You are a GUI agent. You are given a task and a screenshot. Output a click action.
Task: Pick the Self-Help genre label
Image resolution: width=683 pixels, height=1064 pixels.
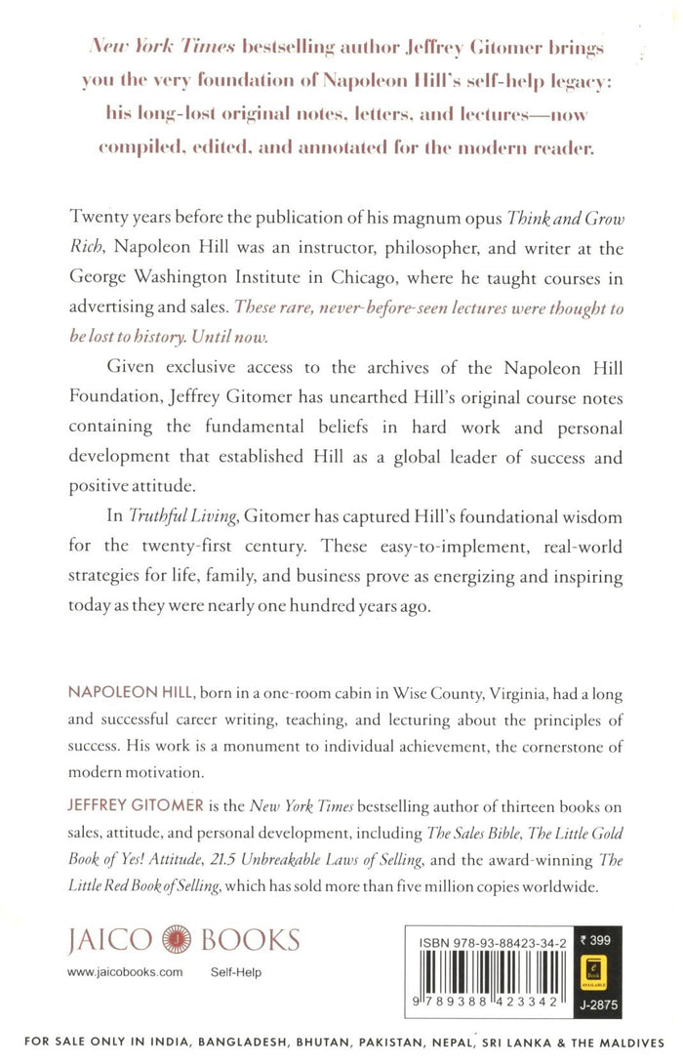[x=236, y=973]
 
